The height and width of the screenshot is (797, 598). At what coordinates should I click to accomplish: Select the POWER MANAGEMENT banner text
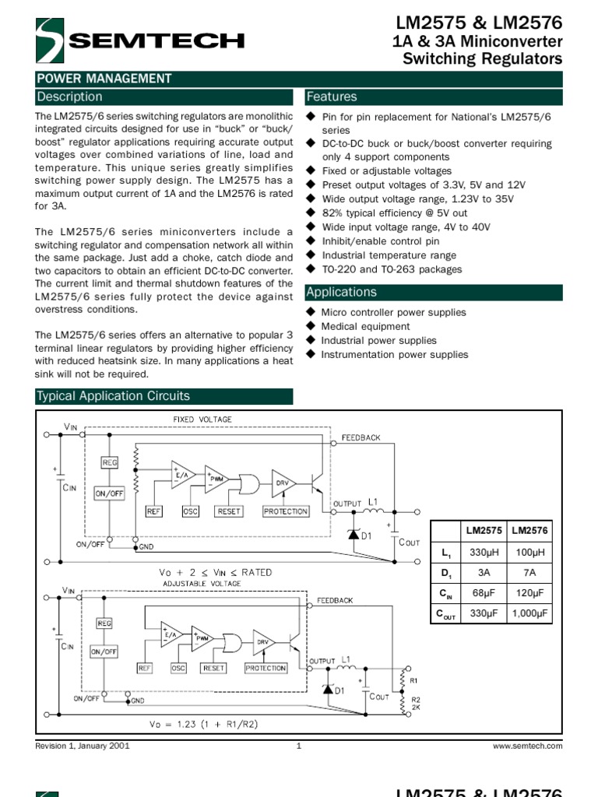pyautogui.click(x=104, y=79)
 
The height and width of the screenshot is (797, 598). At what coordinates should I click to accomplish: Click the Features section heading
pyautogui.click(x=332, y=97)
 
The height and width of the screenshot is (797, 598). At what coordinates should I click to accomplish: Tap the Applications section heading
pyautogui.click(x=342, y=293)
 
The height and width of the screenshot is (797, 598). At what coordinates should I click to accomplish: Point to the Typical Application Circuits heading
pyautogui.click(x=114, y=396)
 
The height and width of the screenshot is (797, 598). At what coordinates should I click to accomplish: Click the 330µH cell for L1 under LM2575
pyautogui.click(x=484, y=552)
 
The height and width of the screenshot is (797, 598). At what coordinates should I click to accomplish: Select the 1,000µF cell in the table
pyautogui.click(x=529, y=614)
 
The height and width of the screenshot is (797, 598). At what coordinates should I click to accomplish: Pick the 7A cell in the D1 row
pyautogui.click(x=529, y=573)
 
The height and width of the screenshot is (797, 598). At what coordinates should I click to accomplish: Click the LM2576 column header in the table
pyautogui.click(x=529, y=530)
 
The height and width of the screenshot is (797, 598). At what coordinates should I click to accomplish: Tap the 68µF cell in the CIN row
pyautogui.click(x=484, y=594)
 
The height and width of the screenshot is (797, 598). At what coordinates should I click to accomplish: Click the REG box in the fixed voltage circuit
pyautogui.click(x=110, y=463)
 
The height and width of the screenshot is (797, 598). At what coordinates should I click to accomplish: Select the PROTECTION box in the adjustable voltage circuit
pyautogui.click(x=266, y=668)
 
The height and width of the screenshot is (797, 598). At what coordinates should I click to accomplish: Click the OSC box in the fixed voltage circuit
pyautogui.click(x=191, y=511)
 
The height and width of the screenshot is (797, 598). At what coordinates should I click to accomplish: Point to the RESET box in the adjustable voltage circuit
pyautogui.click(x=213, y=668)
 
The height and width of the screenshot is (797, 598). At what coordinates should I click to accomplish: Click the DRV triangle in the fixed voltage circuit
pyautogui.click(x=281, y=483)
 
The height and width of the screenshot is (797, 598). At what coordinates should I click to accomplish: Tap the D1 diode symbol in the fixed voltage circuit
pyautogui.click(x=352, y=533)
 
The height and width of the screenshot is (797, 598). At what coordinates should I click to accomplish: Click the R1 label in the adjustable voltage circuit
pyautogui.click(x=414, y=679)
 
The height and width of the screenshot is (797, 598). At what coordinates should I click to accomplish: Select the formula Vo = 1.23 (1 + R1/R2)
pyautogui.click(x=205, y=724)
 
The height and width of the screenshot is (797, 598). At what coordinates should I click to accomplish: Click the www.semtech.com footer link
pyautogui.click(x=528, y=746)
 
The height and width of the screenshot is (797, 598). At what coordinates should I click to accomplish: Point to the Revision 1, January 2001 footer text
pyautogui.click(x=83, y=746)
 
